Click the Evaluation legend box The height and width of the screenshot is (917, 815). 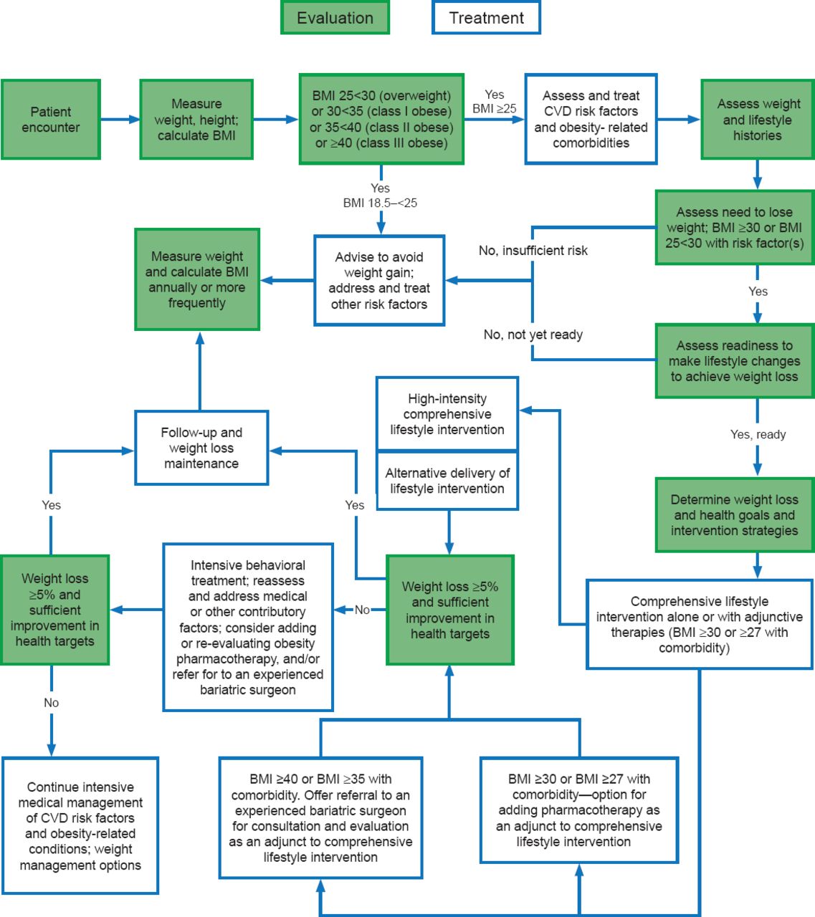[335, 18]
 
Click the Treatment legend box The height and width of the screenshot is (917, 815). [486, 18]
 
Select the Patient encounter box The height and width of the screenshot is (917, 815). [50, 120]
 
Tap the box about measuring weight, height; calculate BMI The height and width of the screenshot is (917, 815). [196, 120]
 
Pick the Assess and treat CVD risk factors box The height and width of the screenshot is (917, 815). [591, 119]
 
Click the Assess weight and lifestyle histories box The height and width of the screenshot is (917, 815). [757, 120]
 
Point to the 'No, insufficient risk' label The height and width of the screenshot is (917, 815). [533, 251]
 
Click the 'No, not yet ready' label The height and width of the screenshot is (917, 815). [533, 335]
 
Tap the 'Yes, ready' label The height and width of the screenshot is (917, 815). [758, 434]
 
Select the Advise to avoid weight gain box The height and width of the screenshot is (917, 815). [379, 280]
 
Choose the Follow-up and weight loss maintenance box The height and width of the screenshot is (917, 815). [201, 448]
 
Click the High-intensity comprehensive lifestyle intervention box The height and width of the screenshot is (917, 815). [447, 414]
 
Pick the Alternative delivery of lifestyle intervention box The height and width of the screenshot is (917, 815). [447, 481]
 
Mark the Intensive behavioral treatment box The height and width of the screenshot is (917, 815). [248, 627]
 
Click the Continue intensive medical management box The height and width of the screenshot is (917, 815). [80, 825]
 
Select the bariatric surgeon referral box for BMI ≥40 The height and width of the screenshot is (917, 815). [320, 817]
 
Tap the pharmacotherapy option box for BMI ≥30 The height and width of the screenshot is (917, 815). [578, 810]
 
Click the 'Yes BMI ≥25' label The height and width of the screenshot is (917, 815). [494, 102]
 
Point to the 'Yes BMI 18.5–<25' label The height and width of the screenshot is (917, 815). [380, 196]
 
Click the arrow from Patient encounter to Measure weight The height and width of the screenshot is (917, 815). [120, 120]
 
